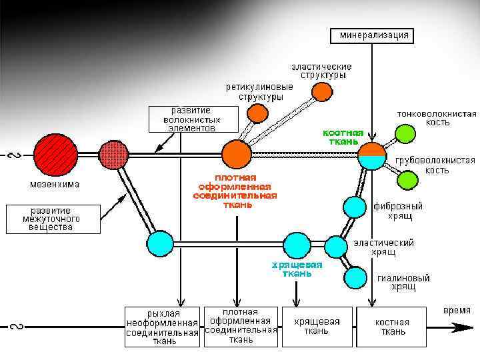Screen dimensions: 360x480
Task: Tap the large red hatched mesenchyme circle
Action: (56, 154)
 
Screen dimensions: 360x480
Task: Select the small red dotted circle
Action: (113, 155)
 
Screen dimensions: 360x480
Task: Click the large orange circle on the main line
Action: (237, 154)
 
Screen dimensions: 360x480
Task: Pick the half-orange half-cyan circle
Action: (372, 155)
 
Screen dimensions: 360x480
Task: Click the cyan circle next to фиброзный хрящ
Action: (355, 207)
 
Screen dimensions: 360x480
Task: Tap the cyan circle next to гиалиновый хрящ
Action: (356, 277)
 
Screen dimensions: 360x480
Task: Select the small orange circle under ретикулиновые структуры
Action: (256, 113)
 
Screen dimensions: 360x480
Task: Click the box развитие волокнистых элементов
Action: (193, 119)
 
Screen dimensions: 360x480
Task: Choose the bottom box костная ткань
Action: (391, 326)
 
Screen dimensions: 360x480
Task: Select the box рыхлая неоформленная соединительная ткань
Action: (163, 327)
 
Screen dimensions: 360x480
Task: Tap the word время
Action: (457, 311)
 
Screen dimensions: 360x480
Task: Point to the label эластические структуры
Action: (322, 71)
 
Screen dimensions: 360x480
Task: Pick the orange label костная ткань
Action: (343, 137)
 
